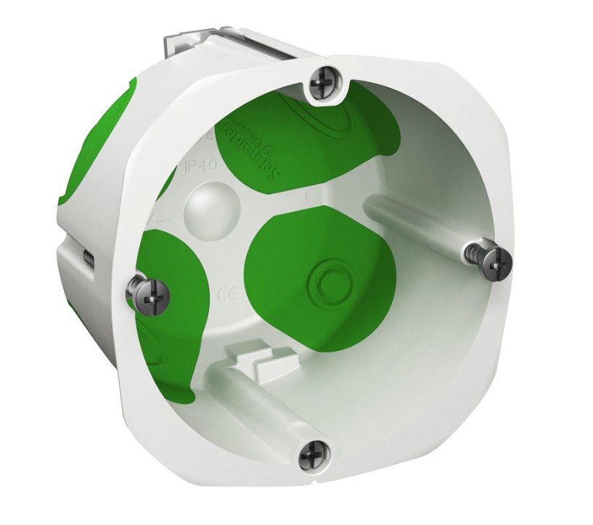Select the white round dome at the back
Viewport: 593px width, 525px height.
[x=205, y=210]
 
